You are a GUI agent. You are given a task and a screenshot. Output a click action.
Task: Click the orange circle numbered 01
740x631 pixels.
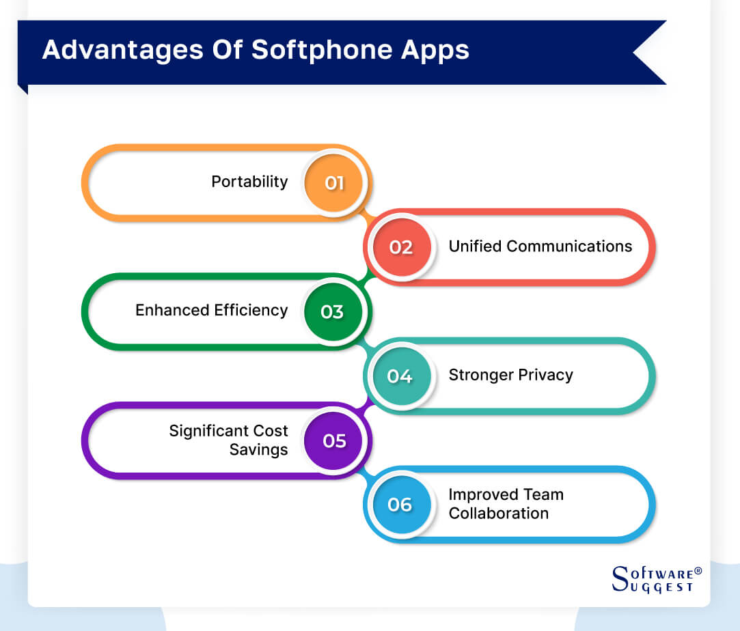click(334, 183)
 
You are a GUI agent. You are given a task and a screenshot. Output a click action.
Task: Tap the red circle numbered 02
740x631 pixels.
click(401, 247)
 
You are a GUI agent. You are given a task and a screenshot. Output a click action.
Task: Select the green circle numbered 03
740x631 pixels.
click(333, 312)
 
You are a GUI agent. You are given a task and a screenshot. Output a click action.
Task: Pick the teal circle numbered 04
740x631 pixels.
click(400, 376)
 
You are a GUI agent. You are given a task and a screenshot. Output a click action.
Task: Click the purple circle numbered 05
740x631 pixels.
click(334, 440)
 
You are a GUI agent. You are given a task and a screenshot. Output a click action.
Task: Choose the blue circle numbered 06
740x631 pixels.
click(400, 505)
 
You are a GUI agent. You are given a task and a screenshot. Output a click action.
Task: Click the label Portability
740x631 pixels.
click(249, 182)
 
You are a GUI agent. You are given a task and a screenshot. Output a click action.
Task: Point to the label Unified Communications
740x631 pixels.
click(540, 246)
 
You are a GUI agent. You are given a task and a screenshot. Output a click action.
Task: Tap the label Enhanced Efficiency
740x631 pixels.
click(211, 310)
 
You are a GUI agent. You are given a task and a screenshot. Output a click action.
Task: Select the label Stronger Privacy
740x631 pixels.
click(510, 375)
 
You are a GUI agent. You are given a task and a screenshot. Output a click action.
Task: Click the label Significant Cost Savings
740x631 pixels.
click(229, 440)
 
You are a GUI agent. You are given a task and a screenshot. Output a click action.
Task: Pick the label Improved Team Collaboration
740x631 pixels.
click(506, 504)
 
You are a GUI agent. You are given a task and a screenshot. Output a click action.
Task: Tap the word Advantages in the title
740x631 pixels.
click(120, 51)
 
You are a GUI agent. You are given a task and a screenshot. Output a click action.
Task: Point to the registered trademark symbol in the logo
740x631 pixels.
click(697, 570)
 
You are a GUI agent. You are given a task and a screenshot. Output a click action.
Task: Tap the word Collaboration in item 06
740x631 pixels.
click(498, 514)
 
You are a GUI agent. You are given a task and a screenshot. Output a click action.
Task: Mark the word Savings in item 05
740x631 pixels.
click(258, 450)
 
